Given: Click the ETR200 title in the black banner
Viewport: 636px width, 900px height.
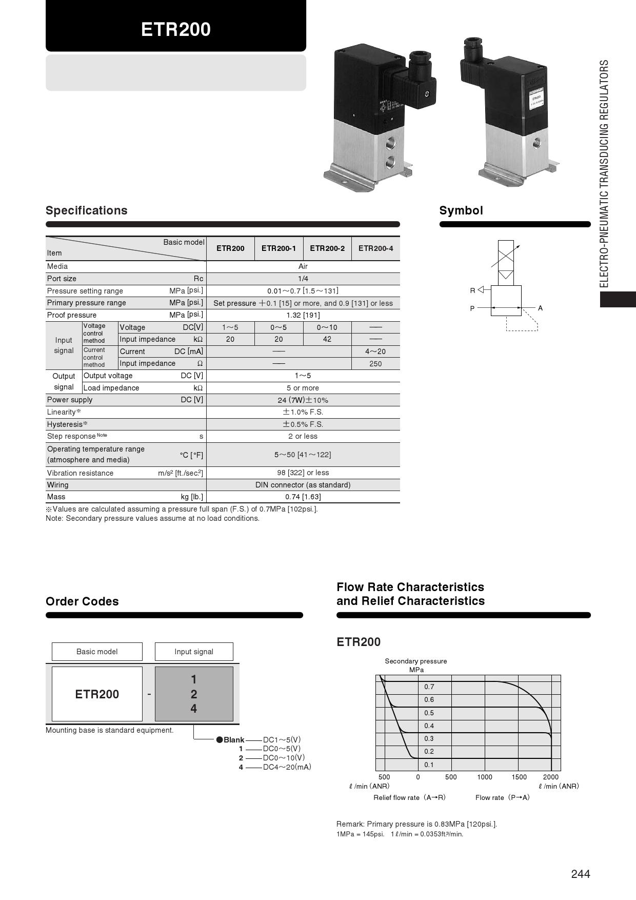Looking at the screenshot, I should pos(176,29).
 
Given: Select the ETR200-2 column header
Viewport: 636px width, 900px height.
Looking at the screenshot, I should pos(327,248).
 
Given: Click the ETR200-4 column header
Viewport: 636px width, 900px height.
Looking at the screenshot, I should pos(375,248).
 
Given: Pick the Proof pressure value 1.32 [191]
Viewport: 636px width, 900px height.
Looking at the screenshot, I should pos(303,315).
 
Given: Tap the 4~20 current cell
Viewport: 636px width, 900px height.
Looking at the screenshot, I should pos(375,351).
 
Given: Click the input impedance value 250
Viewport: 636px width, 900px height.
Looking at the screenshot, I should pos(375,364).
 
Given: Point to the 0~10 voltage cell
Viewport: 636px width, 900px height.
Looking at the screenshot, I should pos(327,327).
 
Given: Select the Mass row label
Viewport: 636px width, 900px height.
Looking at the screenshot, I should pos(56,497).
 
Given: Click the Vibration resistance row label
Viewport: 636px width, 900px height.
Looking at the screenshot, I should pos(80,473).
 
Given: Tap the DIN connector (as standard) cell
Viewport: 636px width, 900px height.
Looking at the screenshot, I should pos(303,485).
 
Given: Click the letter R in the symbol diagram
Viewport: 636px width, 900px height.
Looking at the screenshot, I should pos(472,290).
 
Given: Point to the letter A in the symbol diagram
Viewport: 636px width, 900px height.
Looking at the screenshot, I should pos(540,308).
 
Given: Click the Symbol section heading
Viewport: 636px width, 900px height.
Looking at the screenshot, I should pos(461,210).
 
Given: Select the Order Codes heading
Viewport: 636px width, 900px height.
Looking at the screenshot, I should pos(82,601).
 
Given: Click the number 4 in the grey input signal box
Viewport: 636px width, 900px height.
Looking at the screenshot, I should pos(194,709).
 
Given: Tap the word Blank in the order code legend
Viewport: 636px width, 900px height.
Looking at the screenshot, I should pos(234,740).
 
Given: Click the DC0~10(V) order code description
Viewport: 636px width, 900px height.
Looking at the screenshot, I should pos(284,758).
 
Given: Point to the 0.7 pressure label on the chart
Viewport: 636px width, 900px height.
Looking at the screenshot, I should pos(429,687).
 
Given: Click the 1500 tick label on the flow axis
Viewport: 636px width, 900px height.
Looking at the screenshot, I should pos(519,777).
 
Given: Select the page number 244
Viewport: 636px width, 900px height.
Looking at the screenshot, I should pos(581,874).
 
